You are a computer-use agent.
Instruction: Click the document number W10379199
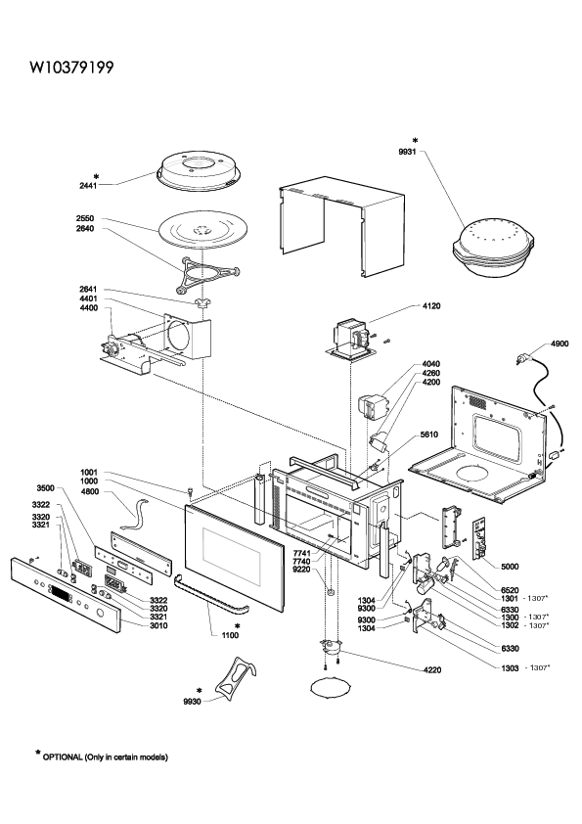pos(71,68)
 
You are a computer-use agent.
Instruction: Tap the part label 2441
pos(88,186)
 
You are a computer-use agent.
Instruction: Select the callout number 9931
pos(407,152)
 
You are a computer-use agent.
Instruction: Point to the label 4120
pos(430,306)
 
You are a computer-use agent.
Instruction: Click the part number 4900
pos(559,343)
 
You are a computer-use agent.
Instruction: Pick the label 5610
pos(428,435)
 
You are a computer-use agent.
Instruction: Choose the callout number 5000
pos(510,567)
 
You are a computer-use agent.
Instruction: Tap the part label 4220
pos(432,670)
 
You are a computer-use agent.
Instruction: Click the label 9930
pos(193,702)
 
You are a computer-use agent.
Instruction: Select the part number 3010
pos(158,626)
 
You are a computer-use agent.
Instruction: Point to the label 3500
pos(45,488)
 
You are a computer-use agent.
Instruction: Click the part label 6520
pos(510,591)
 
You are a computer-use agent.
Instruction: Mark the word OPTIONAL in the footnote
pos(63,757)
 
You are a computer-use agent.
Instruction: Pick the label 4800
pos(89,492)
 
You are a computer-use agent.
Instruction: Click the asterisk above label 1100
pos(238,626)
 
